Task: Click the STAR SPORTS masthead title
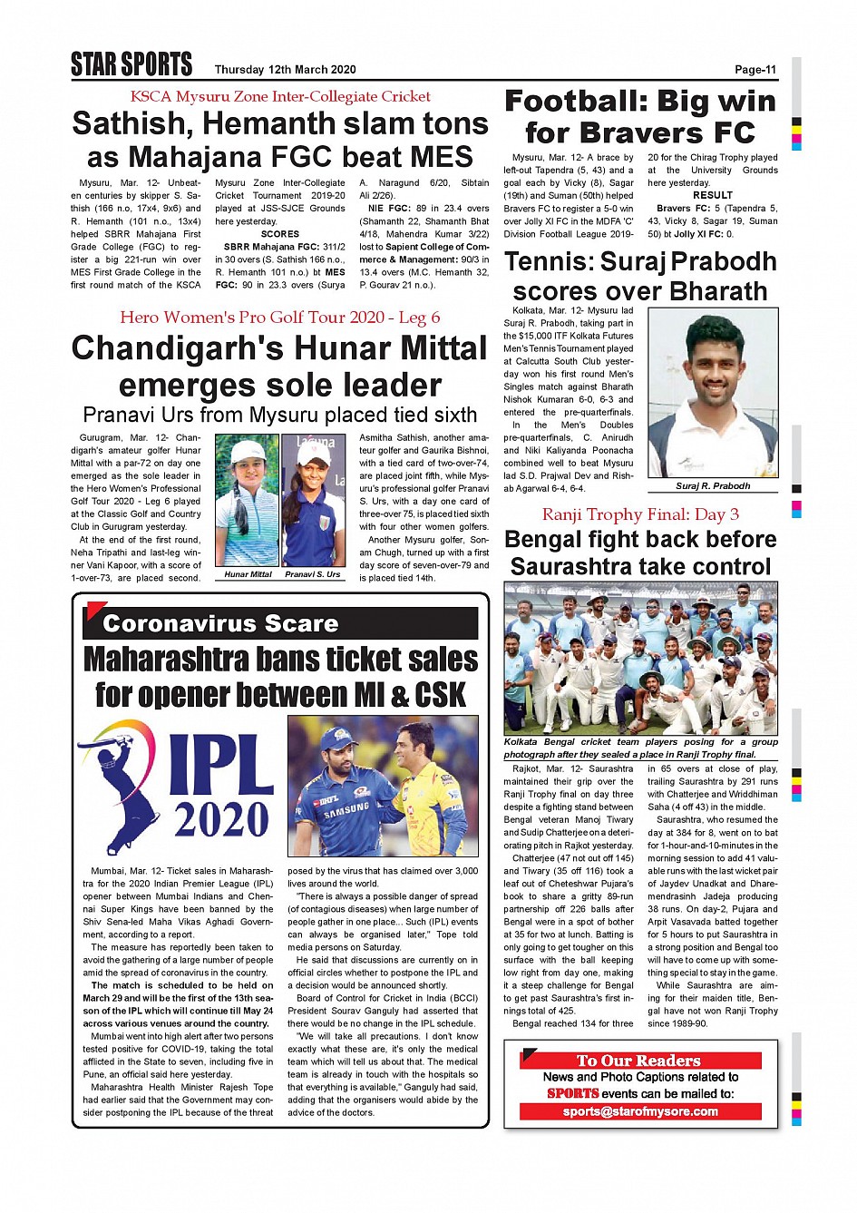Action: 131,64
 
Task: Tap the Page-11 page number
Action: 755,70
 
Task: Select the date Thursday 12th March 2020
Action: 285,70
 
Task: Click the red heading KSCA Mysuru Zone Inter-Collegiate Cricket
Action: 280,96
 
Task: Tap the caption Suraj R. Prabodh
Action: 713,486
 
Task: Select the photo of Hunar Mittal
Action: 248,501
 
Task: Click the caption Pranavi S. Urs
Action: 313,574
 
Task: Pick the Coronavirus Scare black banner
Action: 280,623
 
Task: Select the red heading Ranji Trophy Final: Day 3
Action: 640,514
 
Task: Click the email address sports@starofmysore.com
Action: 640,1111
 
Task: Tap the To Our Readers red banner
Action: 639,1061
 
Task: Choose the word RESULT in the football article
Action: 713,195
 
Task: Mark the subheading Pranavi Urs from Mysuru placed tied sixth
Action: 280,415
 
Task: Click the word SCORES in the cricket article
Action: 280,234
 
